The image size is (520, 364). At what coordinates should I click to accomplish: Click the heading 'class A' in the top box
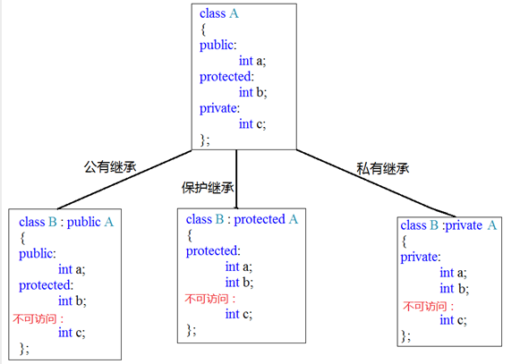[219, 13]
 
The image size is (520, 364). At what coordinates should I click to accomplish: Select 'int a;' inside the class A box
[252, 61]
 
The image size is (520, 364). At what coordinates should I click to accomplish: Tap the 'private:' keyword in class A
[219, 108]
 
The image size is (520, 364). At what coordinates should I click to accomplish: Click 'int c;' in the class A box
[252, 124]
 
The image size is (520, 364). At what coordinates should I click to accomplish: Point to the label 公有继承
[110, 166]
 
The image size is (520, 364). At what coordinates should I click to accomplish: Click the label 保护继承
[208, 188]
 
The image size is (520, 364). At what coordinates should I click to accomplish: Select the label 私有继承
[383, 168]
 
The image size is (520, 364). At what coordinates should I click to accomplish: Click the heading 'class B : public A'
[66, 222]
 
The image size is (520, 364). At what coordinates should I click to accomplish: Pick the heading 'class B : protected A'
[242, 219]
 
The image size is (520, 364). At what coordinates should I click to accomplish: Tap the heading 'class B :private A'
[448, 225]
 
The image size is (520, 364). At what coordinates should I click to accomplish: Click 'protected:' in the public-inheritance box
[47, 285]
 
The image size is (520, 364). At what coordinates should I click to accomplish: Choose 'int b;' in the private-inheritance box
[455, 289]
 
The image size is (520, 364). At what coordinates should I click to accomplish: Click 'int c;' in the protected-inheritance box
[239, 314]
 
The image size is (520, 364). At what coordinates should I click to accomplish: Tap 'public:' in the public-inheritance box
[38, 254]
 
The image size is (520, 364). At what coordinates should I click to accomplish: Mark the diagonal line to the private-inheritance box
[376, 183]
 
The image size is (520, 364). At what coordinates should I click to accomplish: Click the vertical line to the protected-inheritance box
[236, 179]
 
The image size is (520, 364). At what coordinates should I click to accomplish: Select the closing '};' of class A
[205, 140]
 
